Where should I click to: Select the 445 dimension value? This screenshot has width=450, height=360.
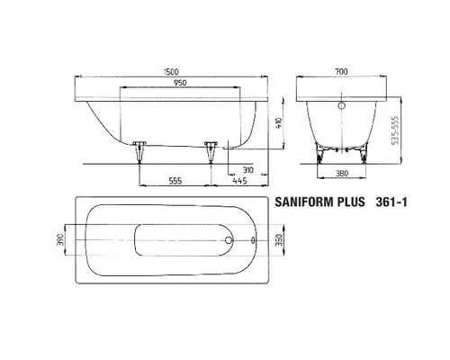241,181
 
